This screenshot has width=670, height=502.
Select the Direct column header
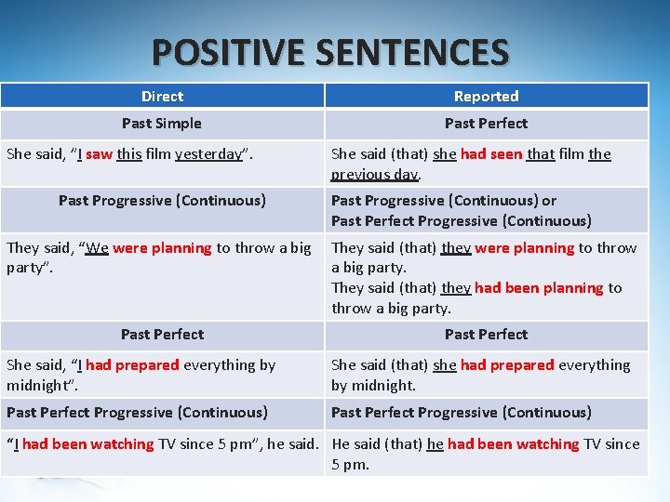tap(162, 96)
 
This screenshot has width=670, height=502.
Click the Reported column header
tap(486, 96)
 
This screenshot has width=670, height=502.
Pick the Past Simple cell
tap(162, 123)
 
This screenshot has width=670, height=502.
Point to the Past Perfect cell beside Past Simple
tap(486, 123)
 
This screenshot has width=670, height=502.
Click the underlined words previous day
tap(375, 174)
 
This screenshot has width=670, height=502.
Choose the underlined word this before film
tap(128, 154)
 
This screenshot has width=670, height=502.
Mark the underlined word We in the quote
tap(97, 247)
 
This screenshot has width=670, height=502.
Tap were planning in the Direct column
tap(163, 247)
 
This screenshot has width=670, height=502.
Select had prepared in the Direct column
tap(132, 364)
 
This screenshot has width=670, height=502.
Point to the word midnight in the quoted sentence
tap(39, 385)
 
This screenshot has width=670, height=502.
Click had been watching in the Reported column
tap(513, 443)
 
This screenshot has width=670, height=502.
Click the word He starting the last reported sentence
tap(341, 443)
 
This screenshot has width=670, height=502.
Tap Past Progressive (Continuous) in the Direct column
tap(162, 200)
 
